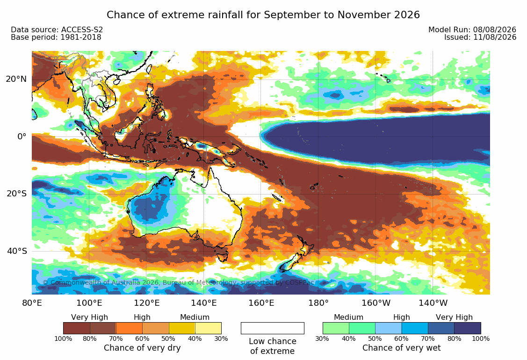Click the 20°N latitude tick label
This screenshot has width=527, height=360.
pyautogui.click(x=16, y=79)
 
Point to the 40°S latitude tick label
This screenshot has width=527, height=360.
pyautogui.click(x=16, y=251)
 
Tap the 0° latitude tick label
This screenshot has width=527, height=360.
pyautogui.click(x=22, y=137)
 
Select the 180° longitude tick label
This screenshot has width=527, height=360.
pyautogui.click(x=318, y=303)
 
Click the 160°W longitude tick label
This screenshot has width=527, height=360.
pyautogui.click(x=376, y=303)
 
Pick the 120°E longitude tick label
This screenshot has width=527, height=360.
pyautogui.click(x=146, y=303)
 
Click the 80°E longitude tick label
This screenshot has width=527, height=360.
pyautogui.click(x=32, y=303)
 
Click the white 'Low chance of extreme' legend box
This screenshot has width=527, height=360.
pyautogui.click(x=273, y=328)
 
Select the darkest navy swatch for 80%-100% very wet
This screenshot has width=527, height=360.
pyautogui.click(x=468, y=328)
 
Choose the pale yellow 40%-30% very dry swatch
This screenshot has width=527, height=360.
pyautogui.click(x=208, y=328)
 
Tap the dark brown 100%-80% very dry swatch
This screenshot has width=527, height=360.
pyautogui.click(x=76, y=328)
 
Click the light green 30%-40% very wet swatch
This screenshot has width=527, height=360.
pyautogui.click(x=336, y=328)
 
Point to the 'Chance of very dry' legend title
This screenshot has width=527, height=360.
pyautogui.click(x=142, y=348)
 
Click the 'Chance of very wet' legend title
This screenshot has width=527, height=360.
pyautogui.click(x=401, y=348)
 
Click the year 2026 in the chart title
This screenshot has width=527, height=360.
pyautogui.click(x=407, y=15)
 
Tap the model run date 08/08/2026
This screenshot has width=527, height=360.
pyautogui.click(x=495, y=30)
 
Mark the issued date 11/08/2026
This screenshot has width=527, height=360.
pyautogui.click(x=495, y=37)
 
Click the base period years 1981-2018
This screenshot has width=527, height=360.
pyautogui.click(x=80, y=37)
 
